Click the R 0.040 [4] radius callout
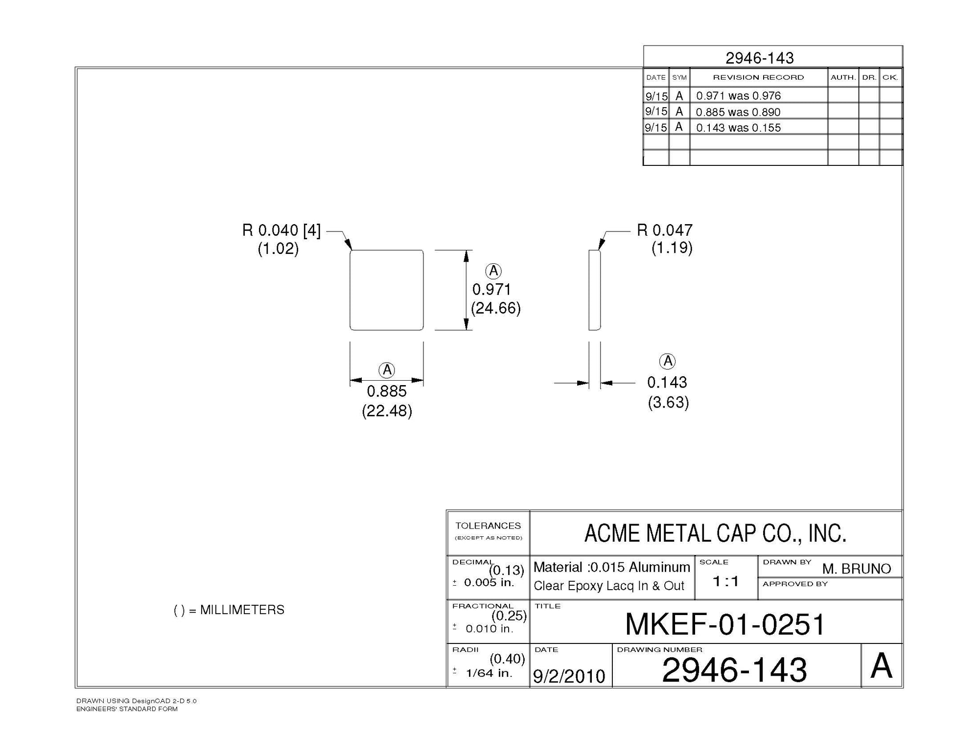[x=281, y=230]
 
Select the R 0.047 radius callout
[x=664, y=230]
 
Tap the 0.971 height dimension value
[x=491, y=290]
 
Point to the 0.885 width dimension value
[x=387, y=391]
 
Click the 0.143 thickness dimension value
[x=667, y=382]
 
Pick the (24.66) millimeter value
[x=495, y=308]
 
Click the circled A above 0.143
[x=668, y=362]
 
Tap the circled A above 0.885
[x=387, y=370]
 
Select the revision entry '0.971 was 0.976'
[x=738, y=96]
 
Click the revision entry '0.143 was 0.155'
[x=738, y=128]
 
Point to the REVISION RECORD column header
[x=758, y=77]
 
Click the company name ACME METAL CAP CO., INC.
[x=715, y=533]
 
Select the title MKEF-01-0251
[x=725, y=624]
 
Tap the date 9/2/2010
[x=569, y=676]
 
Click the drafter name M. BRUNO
[x=856, y=569]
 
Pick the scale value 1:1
[x=725, y=581]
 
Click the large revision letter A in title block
[x=881, y=666]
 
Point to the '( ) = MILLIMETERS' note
[x=229, y=610]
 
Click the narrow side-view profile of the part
[x=594, y=290]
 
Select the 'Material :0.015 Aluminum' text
[x=611, y=567]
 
